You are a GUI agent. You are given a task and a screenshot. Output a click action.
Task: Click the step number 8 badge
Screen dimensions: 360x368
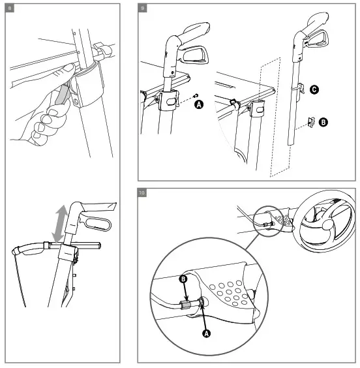pos(10,8)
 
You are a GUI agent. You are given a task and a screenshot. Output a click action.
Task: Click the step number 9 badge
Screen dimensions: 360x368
pos(143,8)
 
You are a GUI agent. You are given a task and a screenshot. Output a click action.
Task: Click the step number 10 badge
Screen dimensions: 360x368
pos(142,193)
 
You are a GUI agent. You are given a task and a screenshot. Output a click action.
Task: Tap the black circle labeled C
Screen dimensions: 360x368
pos(314,89)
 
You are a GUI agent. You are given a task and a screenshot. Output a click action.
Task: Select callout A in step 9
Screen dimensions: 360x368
pos(199,104)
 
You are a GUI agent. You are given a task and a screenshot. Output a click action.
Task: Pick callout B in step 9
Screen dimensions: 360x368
pos(323,122)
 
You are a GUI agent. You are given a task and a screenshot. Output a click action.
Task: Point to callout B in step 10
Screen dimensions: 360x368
pos(183,279)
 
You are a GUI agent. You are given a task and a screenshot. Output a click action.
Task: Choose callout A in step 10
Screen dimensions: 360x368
pos(206,333)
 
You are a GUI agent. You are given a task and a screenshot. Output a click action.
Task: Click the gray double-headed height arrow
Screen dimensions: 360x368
pos(60,223)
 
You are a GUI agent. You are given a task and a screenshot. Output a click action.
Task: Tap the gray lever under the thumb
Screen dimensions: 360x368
pos(61,95)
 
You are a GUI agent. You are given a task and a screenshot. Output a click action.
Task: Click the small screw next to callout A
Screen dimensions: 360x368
pos(195,95)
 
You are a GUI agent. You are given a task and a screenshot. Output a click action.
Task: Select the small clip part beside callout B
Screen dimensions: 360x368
pos(311,122)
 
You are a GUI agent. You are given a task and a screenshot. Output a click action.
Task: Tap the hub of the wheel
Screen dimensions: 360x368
pos(327,225)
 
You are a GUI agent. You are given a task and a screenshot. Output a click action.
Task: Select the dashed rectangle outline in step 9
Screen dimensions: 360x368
pos(271,117)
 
